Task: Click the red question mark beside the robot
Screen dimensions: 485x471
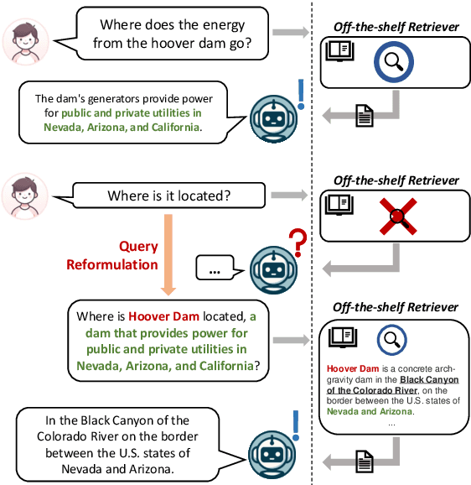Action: tap(295, 244)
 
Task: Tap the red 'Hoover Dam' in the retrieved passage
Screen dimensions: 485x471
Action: tap(355, 368)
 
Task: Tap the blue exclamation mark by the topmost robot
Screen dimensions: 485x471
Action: tap(301, 94)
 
